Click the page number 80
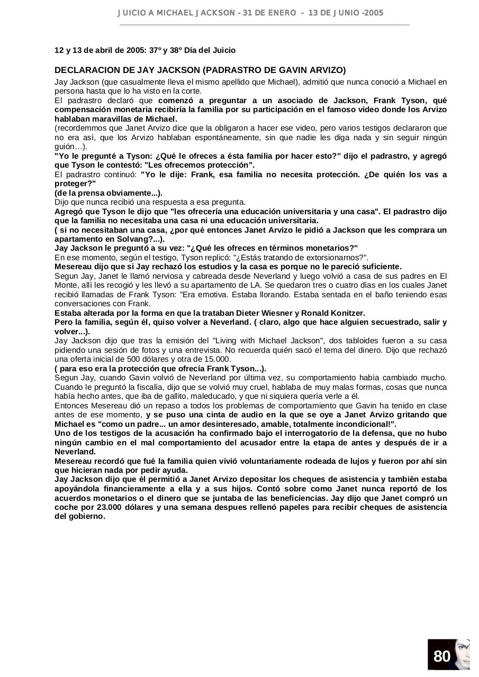click(441, 656)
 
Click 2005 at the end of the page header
click(373, 13)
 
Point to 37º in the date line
click(155, 50)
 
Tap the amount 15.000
click(217, 359)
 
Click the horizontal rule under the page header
click(265, 24)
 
